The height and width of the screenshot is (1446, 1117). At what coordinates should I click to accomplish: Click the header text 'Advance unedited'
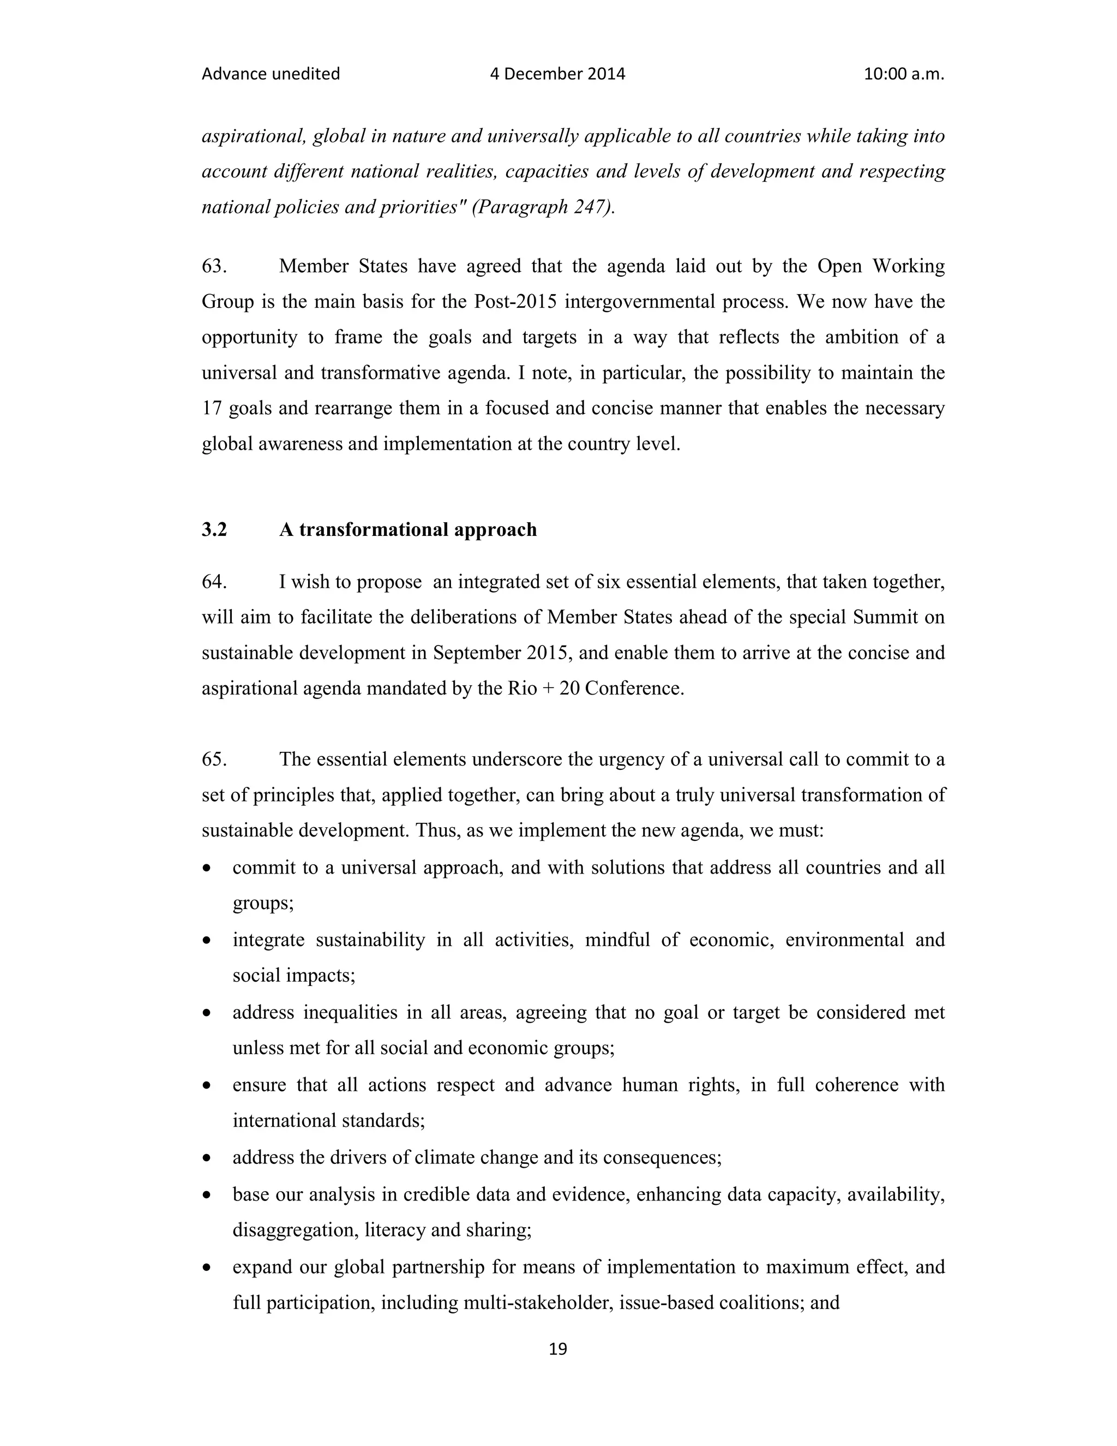click(x=271, y=74)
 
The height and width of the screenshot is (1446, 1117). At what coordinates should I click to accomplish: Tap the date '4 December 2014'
click(x=557, y=74)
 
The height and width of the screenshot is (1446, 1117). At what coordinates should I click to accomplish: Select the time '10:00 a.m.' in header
click(x=904, y=74)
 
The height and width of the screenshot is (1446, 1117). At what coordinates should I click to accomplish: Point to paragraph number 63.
click(x=214, y=266)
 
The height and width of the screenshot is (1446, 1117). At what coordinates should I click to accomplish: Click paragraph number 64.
click(x=214, y=582)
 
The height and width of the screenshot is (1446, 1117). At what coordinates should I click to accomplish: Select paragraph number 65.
click(x=214, y=760)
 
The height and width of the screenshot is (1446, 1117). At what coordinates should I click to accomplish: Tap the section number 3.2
click(x=214, y=530)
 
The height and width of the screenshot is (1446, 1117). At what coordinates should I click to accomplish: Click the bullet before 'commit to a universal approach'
click(x=208, y=868)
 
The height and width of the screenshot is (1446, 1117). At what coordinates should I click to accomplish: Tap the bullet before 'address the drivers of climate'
click(x=208, y=1158)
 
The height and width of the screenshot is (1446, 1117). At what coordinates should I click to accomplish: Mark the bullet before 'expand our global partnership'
click(x=208, y=1267)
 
